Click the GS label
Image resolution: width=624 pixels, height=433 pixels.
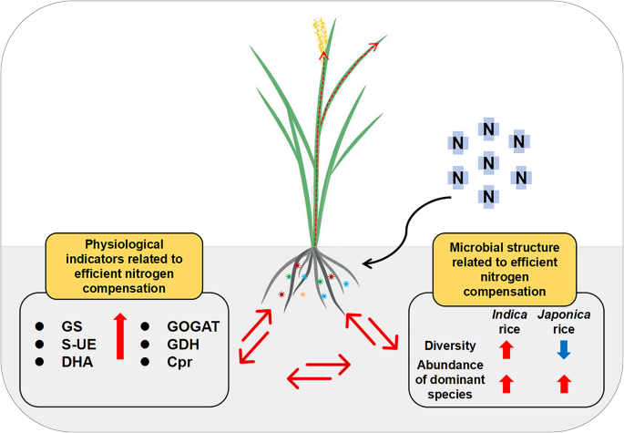click(72, 326)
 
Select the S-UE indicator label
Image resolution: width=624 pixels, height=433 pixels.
click(77, 344)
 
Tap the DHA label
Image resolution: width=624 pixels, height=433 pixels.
click(77, 361)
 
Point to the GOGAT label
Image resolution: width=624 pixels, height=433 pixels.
click(194, 326)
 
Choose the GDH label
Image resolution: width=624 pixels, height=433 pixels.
click(185, 344)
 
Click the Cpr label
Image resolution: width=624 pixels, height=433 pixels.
click(183, 361)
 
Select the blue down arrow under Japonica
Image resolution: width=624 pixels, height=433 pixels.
click(564, 347)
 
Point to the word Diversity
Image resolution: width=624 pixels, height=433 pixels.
click(450, 345)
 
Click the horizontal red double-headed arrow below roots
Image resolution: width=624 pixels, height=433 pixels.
click(318, 369)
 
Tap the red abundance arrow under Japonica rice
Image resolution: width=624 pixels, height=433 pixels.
click(564, 384)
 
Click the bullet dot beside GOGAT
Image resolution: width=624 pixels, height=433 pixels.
click(145, 326)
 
